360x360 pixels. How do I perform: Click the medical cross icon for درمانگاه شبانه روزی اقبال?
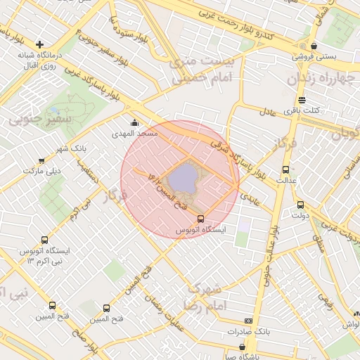click(x=40, y=44)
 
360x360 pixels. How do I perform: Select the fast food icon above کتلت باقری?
click(x=302, y=100)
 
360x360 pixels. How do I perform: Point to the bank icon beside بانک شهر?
click(x=42, y=160)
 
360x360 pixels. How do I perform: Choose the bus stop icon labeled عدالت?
click(x=285, y=169)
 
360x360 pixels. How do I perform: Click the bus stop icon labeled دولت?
click(x=300, y=205)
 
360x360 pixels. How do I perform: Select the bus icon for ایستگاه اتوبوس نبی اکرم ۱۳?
click(x=46, y=240)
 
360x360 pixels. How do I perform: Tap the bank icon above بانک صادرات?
click(x=247, y=321)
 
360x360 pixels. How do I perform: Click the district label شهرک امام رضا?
click(x=203, y=297)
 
